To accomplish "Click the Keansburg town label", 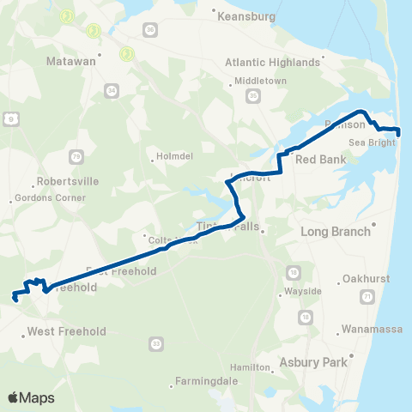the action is [246, 16].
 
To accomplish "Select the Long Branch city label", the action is [335, 231].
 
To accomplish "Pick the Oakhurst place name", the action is [365, 279].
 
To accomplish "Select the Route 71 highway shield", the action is [367, 296].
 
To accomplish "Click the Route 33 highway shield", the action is [155, 343].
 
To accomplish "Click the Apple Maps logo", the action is [31, 398].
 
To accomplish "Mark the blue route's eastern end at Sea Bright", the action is [397, 130].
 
